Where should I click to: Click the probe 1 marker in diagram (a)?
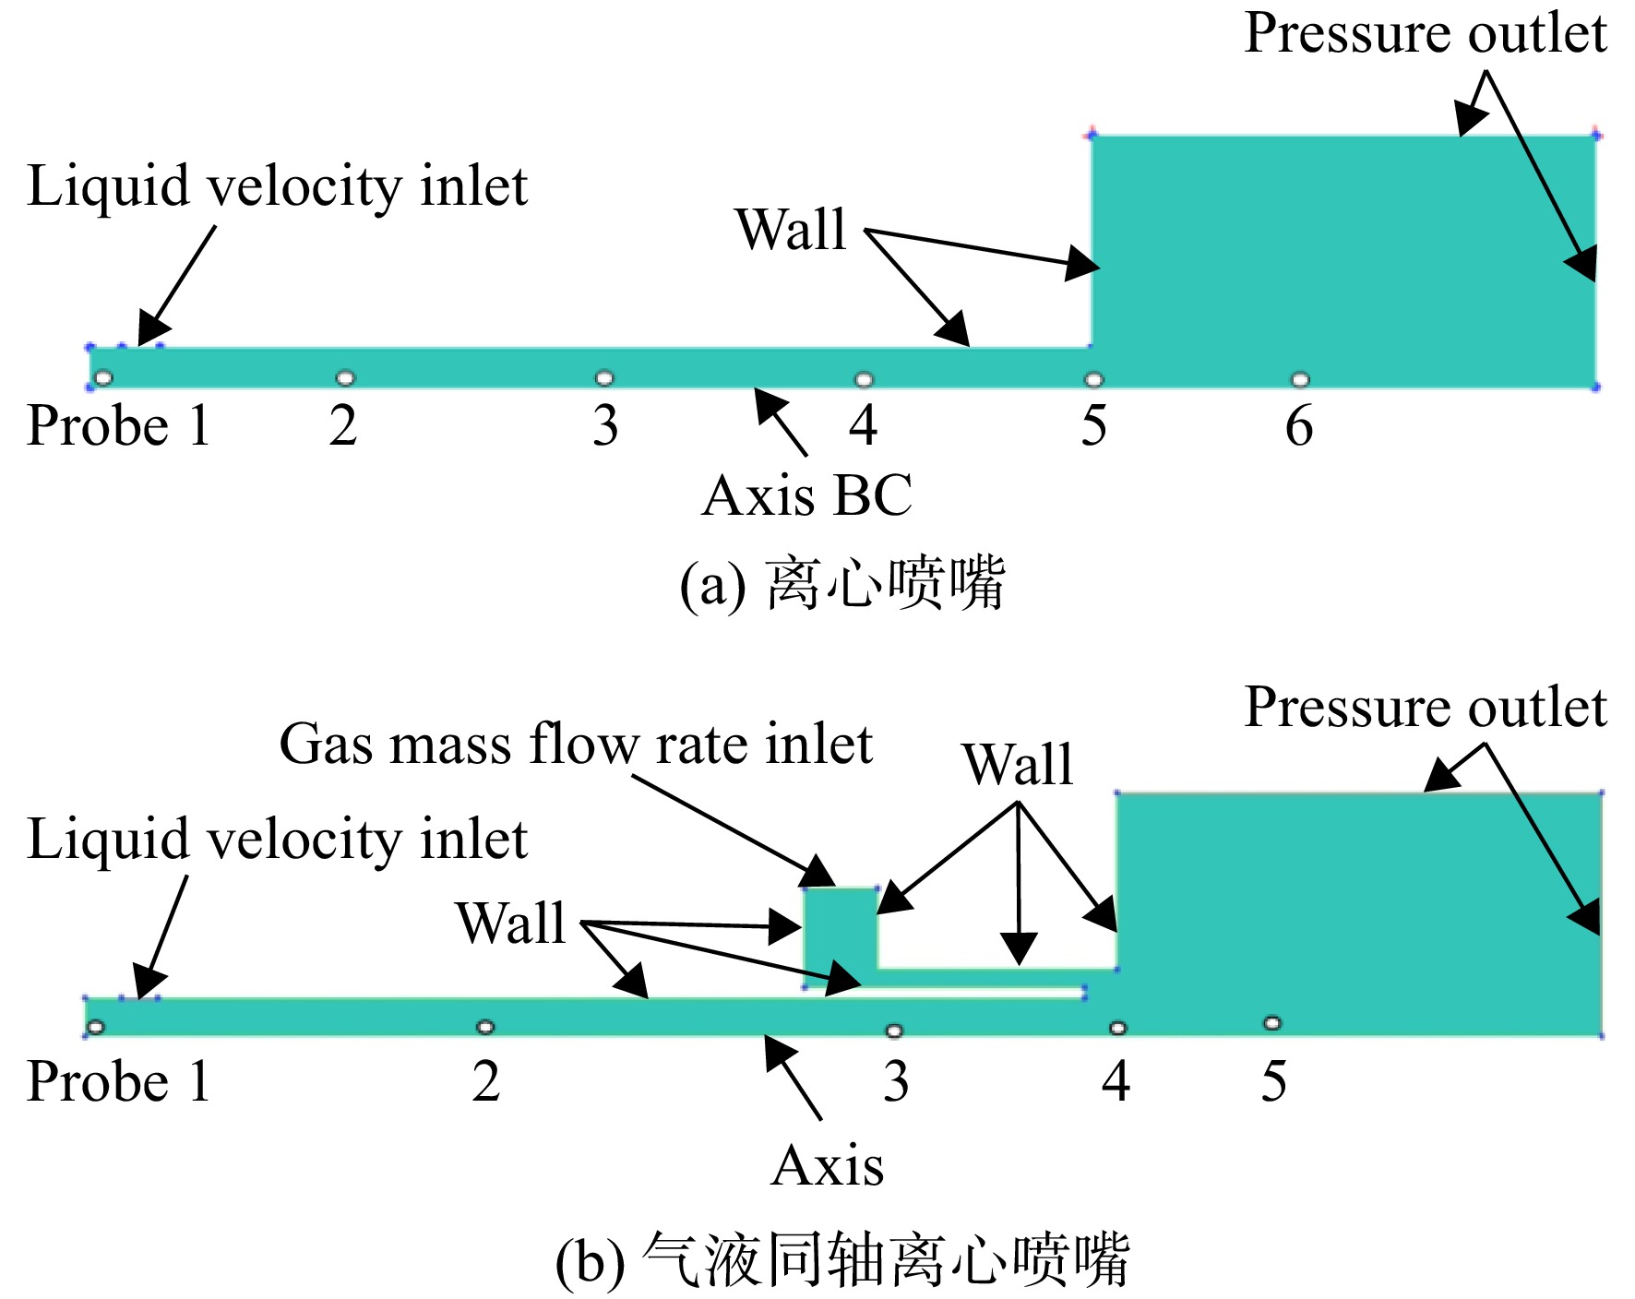click(x=103, y=377)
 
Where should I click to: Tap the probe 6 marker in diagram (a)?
click(x=1300, y=379)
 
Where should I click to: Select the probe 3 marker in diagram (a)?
click(x=604, y=377)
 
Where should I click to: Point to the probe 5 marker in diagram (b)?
click(x=1272, y=1022)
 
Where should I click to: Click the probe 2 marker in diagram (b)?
click(x=485, y=1027)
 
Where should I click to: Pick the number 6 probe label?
click(x=1299, y=426)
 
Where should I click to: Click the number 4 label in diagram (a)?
click(x=864, y=426)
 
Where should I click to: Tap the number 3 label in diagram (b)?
click(x=896, y=1081)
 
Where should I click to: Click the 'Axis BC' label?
click(x=807, y=495)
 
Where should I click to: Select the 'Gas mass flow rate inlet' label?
click(x=576, y=744)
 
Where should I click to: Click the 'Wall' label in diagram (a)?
click(x=791, y=229)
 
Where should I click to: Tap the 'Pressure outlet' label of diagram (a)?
click(x=1426, y=34)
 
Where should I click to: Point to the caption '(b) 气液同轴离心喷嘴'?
click(x=841, y=1260)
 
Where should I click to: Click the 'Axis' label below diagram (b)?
click(x=828, y=1166)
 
